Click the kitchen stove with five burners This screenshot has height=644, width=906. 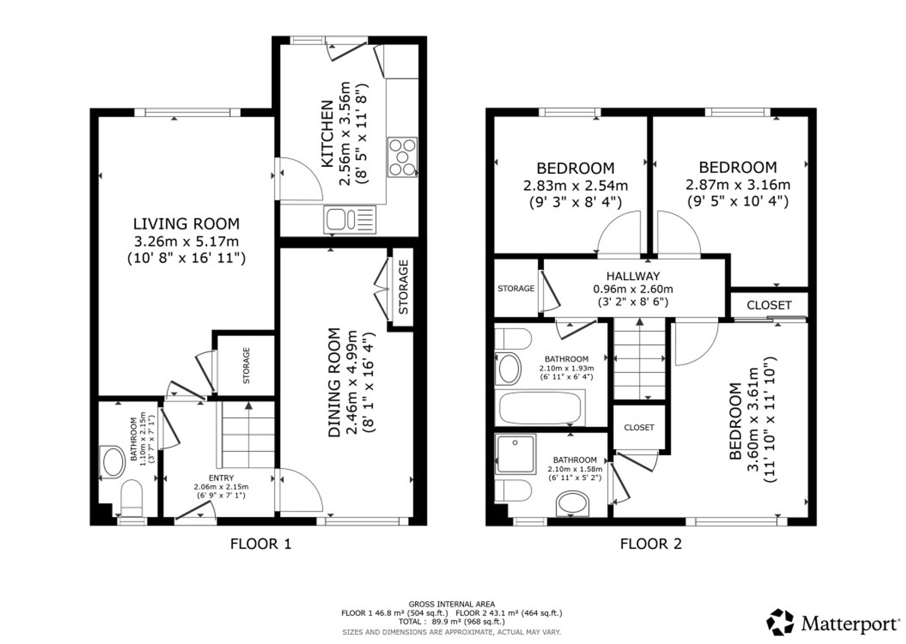click(x=402, y=157)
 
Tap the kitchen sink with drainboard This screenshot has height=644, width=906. click(x=350, y=220)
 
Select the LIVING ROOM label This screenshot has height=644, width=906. click(x=186, y=224)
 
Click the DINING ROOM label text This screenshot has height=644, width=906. click(x=334, y=382)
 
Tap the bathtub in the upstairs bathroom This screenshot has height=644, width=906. click(x=540, y=408)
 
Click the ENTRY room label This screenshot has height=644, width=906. click(x=221, y=478)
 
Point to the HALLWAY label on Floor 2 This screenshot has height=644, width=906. click(x=633, y=276)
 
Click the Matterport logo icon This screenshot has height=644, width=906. click(x=780, y=622)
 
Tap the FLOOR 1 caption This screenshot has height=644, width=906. click(x=260, y=543)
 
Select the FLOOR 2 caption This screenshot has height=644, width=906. click(x=651, y=543)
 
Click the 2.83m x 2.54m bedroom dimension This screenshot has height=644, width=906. click(x=575, y=186)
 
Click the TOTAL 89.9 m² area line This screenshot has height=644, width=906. click(x=452, y=621)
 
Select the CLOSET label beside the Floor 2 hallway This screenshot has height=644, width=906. click(x=769, y=305)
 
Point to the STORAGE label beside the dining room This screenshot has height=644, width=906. click(x=403, y=287)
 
